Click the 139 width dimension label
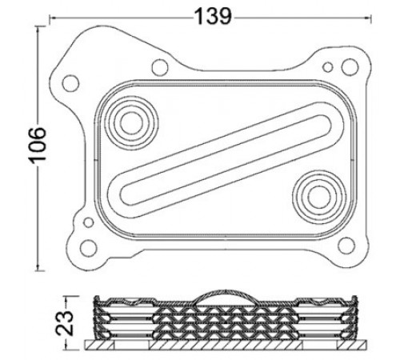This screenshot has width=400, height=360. pyautogui.click(x=213, y=17)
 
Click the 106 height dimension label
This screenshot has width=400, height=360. pyautogui.click(x=37, y=146)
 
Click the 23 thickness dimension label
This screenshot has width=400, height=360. pyautogui.click(x=64, y=322)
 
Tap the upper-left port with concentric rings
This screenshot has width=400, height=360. pyautogui.click(x=131, y=122)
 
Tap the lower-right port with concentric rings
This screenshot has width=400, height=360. pyautogui.click(x=319, y=197)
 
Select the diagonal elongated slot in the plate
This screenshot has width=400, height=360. pyautogui.click(x=226, y=160)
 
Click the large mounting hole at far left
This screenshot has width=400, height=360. pyautogui.click(x=70, y=83)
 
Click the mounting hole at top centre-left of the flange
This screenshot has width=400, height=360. pyautogui.click(x=160, y=67)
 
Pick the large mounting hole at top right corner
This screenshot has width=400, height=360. pyautogui.click(x=350, y=66)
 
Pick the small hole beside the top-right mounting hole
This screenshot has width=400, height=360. pyautogui.click(x=327, y=67)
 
